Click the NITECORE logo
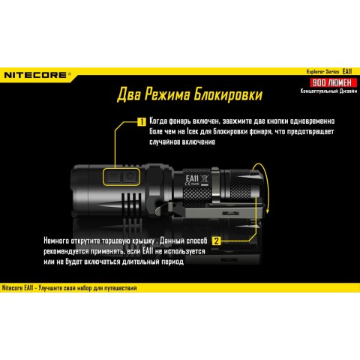tap(37, 75)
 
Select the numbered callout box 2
tap(216, 241)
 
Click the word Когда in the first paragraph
tap(162, 121)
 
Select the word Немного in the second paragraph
tap(38, 240)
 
